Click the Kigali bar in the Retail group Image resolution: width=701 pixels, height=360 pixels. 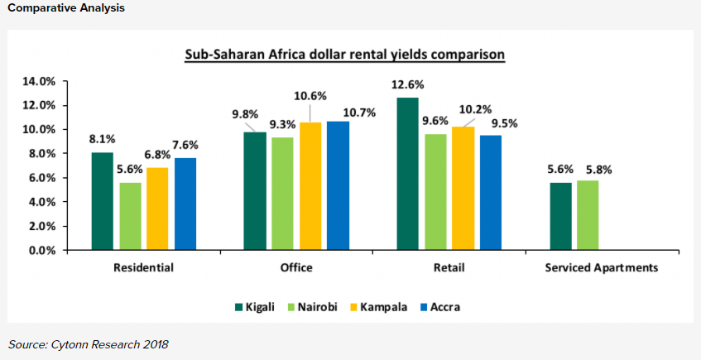pyautogui.click(x=407, y=174)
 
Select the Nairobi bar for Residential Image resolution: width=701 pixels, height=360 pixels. pyautogui.click(x=129, y=216)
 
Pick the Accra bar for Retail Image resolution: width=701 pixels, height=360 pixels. pyautogui.click(x=490, y=192)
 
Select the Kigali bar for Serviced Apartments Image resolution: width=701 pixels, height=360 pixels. pyautogui.click(x=560, y=216)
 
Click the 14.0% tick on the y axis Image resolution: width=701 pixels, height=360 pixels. pyautogui.click(x=38, y=82)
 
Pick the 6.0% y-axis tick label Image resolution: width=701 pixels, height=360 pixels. pyautogui.click(x=41, y=178)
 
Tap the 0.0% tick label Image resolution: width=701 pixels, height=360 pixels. pyautogui.click(x=41, y=250)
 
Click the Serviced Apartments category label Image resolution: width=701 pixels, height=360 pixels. pyautogui.click(x=602, y=268)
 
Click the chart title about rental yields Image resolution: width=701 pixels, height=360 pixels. pyautogui.click(x=344, y=55)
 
